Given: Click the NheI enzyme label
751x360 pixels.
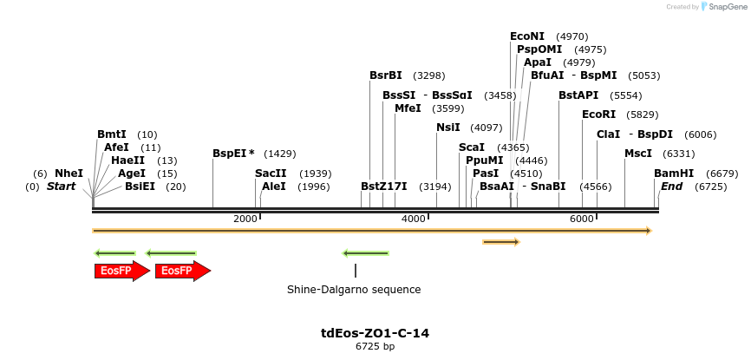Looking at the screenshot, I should click(x=69, y=173).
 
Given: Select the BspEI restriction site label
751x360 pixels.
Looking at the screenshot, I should click(x=230, y=154).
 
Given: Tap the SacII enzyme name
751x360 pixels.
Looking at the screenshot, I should click(x=271, y=173).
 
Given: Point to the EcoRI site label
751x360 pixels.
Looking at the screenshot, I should click(x=598, y=115).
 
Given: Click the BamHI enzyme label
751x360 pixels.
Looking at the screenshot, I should click(x=674, y=173).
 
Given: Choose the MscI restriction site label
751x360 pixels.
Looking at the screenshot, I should click(x=638, y=154).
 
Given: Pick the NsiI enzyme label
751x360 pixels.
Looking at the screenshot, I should click(x=448, y=128).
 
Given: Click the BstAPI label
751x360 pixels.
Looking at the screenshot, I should click(x=578, y=95).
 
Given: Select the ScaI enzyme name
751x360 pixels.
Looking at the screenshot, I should click(x=472, y=147).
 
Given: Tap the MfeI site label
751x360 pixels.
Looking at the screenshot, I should click(x=408, y=108).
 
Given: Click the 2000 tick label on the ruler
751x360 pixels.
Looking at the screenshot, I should click(x=245, y=219).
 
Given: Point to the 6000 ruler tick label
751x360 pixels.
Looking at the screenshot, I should click(x=581, y=219).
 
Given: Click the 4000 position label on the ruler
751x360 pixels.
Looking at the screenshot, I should click(x=413, y=219).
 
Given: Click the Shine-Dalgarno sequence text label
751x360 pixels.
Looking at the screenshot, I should click(x=354, y=290).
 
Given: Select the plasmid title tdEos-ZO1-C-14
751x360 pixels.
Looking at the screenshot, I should click(x=375, y=333).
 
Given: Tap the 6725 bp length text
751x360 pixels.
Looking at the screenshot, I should click(x=375, y=347).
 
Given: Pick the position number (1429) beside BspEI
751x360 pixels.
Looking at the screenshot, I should click(x=279, y=154).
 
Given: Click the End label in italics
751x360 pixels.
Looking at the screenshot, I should click(x=672, y=187).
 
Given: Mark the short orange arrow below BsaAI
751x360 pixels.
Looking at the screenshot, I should click(x=501, y=242).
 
